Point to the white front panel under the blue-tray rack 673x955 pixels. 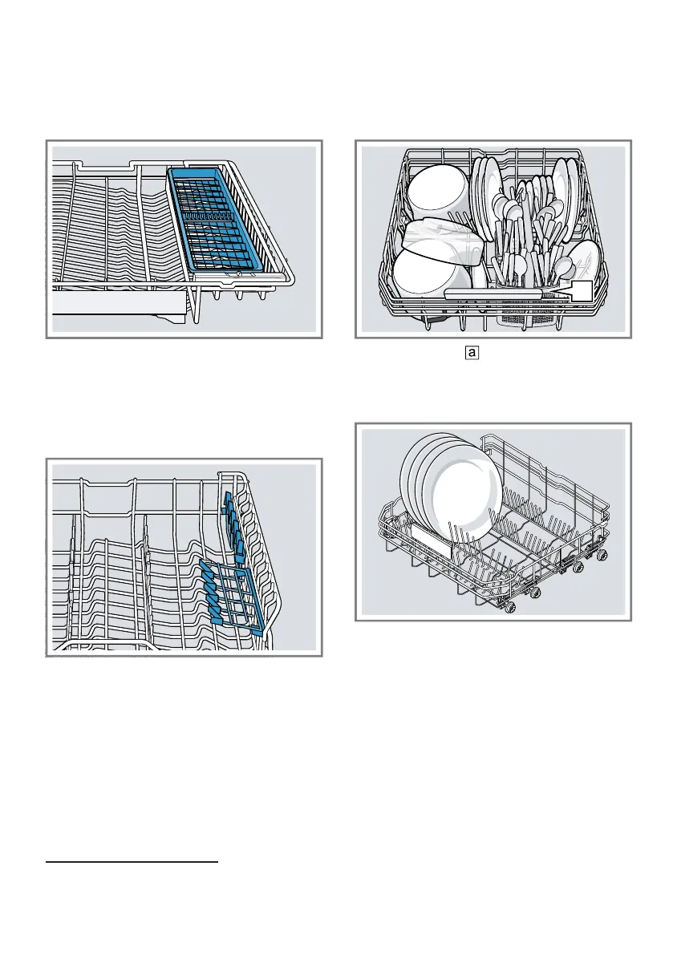[120, 304]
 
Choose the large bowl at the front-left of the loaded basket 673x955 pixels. [430, 273]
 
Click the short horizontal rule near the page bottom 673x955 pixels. [132, 864]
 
